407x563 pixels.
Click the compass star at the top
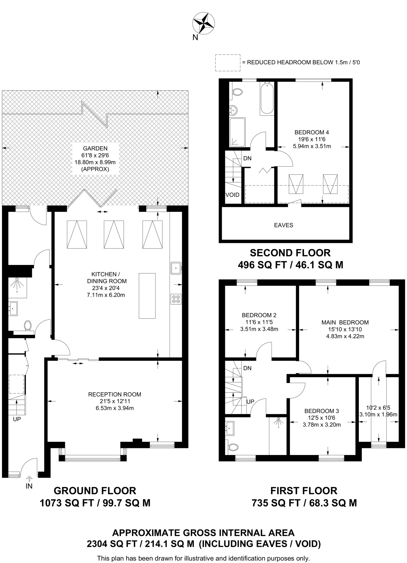tap(203, 23)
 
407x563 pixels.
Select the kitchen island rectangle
tap(147, 296)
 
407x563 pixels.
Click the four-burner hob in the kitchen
tap(176, 299)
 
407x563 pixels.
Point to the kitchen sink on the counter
tap(176, 268)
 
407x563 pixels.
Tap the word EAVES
tap(283, 225)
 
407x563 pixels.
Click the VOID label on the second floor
tap(233, 195)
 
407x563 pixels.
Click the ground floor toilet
tap(28, 325)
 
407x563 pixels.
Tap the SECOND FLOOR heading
tap(290, 253)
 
